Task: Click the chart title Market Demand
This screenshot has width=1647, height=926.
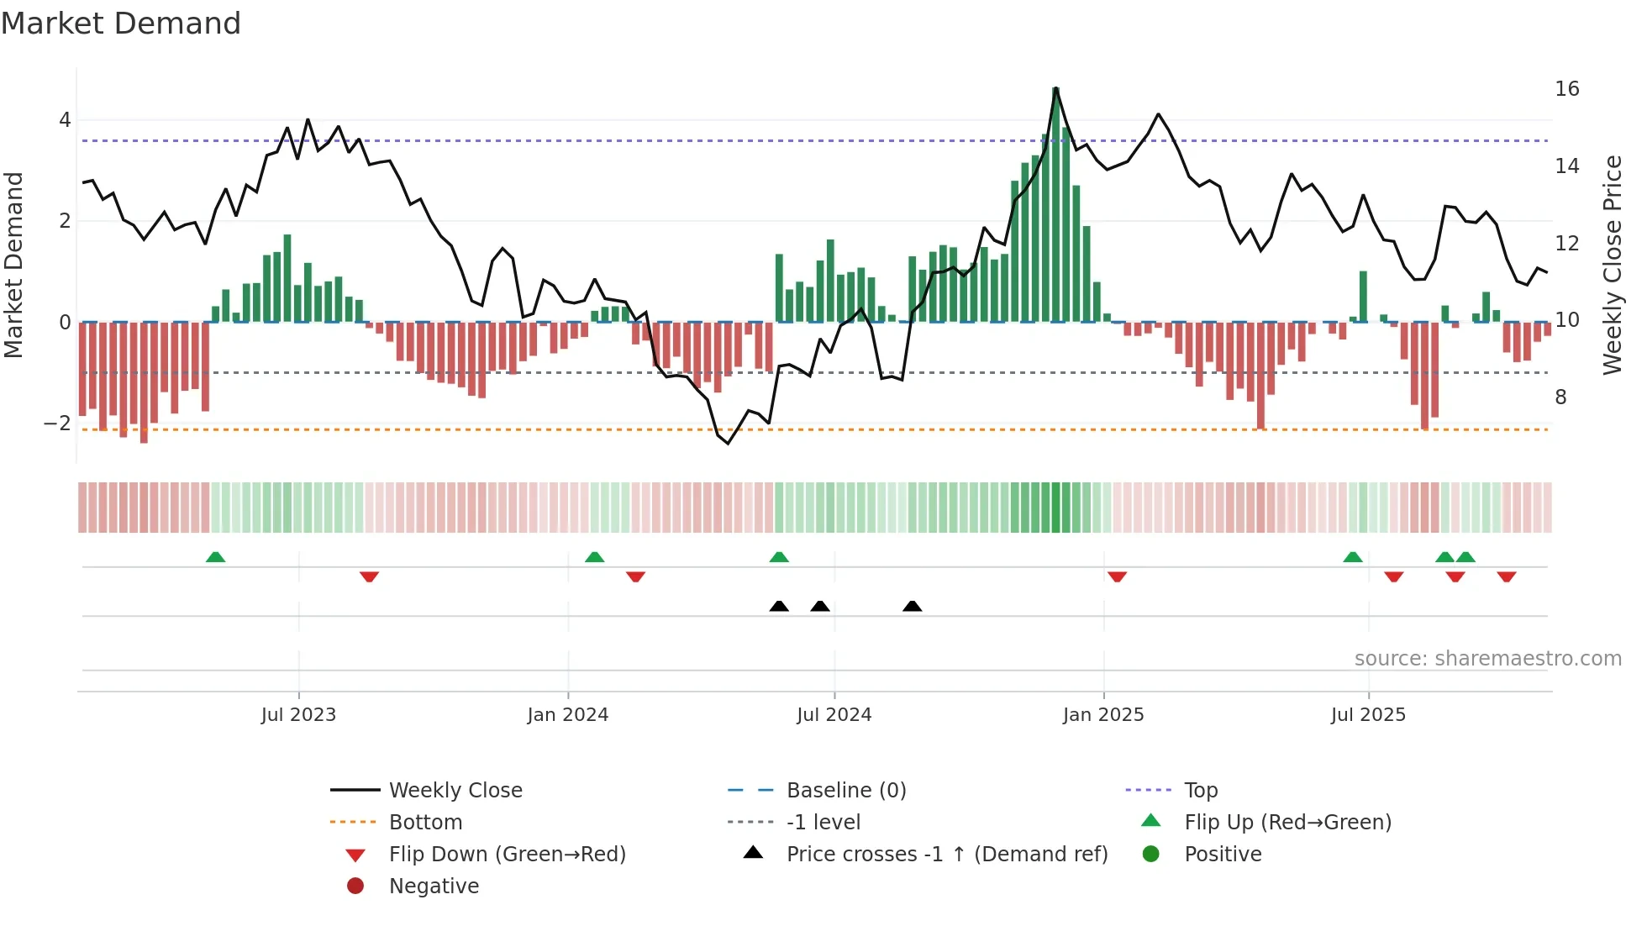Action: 121,24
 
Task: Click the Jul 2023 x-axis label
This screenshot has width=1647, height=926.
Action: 298,715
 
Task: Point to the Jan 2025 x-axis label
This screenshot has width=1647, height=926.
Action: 1102,715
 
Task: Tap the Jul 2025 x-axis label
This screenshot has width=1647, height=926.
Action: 1368,715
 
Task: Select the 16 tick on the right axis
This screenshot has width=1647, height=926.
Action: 1566,89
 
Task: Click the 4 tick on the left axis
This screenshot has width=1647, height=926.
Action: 65,120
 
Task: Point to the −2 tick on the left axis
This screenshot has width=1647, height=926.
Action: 58,424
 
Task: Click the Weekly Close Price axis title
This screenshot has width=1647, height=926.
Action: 1612,265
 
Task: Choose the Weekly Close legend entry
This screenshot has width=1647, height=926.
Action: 455,791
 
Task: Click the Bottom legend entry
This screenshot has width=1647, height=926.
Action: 425,823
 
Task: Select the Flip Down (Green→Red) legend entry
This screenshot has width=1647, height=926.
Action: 507,855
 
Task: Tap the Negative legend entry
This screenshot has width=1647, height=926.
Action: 434,887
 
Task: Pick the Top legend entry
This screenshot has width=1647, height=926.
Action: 1200,791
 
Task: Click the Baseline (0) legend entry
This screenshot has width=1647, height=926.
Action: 845,791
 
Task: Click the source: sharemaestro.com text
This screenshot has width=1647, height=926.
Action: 1487,659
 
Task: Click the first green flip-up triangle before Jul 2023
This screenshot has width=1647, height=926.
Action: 215,557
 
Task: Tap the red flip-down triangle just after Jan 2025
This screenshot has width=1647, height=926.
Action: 1117,576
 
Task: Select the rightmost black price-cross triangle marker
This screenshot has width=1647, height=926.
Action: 912,606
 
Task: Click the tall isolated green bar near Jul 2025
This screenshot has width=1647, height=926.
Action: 1363,296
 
